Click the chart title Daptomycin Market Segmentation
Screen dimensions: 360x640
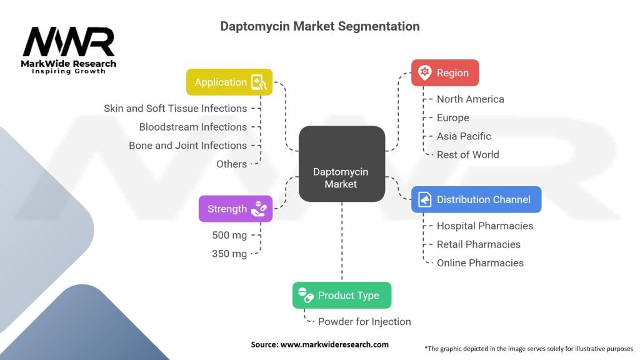point(319,26)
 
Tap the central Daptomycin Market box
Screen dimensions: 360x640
point(341,177)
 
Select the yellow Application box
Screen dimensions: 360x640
point(229,82)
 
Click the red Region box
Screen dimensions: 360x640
point(444,72)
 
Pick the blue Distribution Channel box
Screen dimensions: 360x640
point(476,199)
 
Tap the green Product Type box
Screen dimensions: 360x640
point(341,295)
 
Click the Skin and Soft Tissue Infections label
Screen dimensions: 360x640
point(175,108)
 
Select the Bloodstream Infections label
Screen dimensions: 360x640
point(192,127)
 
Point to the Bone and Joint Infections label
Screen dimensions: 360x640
point(187,145)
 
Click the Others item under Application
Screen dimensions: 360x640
point(231,164)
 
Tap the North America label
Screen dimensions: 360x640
point(470,99)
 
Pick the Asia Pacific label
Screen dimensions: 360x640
point(464,136)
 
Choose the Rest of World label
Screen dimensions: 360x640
point(467,154)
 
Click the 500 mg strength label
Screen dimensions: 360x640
point(230,235)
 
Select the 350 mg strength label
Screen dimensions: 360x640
point(230,254)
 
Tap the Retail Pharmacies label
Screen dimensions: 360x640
point(478,244)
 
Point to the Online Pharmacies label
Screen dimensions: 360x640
point(480,262)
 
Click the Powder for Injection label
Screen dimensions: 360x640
point(364,322)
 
